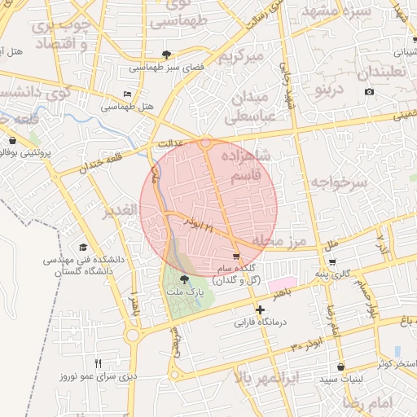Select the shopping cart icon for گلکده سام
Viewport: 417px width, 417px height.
236,257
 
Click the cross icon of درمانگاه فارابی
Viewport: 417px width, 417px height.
259,310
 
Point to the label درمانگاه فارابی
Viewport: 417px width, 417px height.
259,323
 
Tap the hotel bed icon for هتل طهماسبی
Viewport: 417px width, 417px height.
127,94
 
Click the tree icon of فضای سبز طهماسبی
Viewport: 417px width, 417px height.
168,55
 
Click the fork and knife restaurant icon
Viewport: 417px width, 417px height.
99,364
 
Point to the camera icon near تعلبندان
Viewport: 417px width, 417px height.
370,91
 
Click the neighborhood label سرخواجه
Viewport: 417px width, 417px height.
338,183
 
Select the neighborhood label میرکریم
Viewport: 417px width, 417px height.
247,57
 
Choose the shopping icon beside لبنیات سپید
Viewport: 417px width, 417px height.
340,367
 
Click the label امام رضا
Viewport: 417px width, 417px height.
385,402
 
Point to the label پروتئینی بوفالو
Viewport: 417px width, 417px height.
40,152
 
